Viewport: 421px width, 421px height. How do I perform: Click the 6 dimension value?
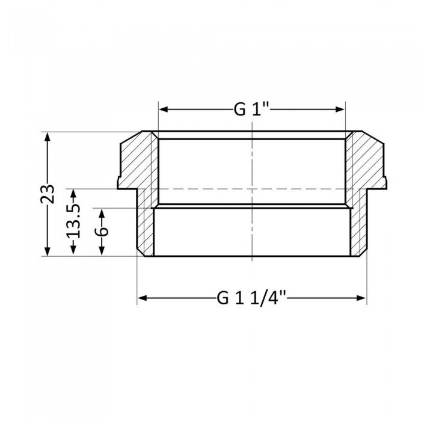[x=102, y=232]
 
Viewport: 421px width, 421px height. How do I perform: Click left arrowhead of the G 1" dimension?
[x=162, y=109]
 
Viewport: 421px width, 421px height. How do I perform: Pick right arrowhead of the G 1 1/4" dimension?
[x=363, y=298]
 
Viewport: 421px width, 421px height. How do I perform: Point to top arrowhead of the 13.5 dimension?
[x=73, y=192]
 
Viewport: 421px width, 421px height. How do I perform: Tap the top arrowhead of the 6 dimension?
[x=102, y=212]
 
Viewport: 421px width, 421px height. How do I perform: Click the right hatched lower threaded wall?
[x=358, y=229]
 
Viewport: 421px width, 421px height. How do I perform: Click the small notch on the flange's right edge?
[x=386, y=179]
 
